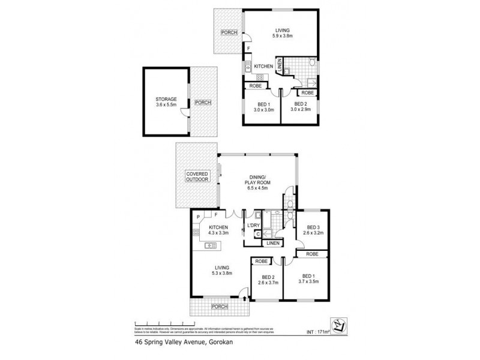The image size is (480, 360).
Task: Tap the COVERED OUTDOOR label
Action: pos(197,176)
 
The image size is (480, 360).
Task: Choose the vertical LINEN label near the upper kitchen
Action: pos(280,65)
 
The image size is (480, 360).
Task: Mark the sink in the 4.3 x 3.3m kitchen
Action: pos(211,245)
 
